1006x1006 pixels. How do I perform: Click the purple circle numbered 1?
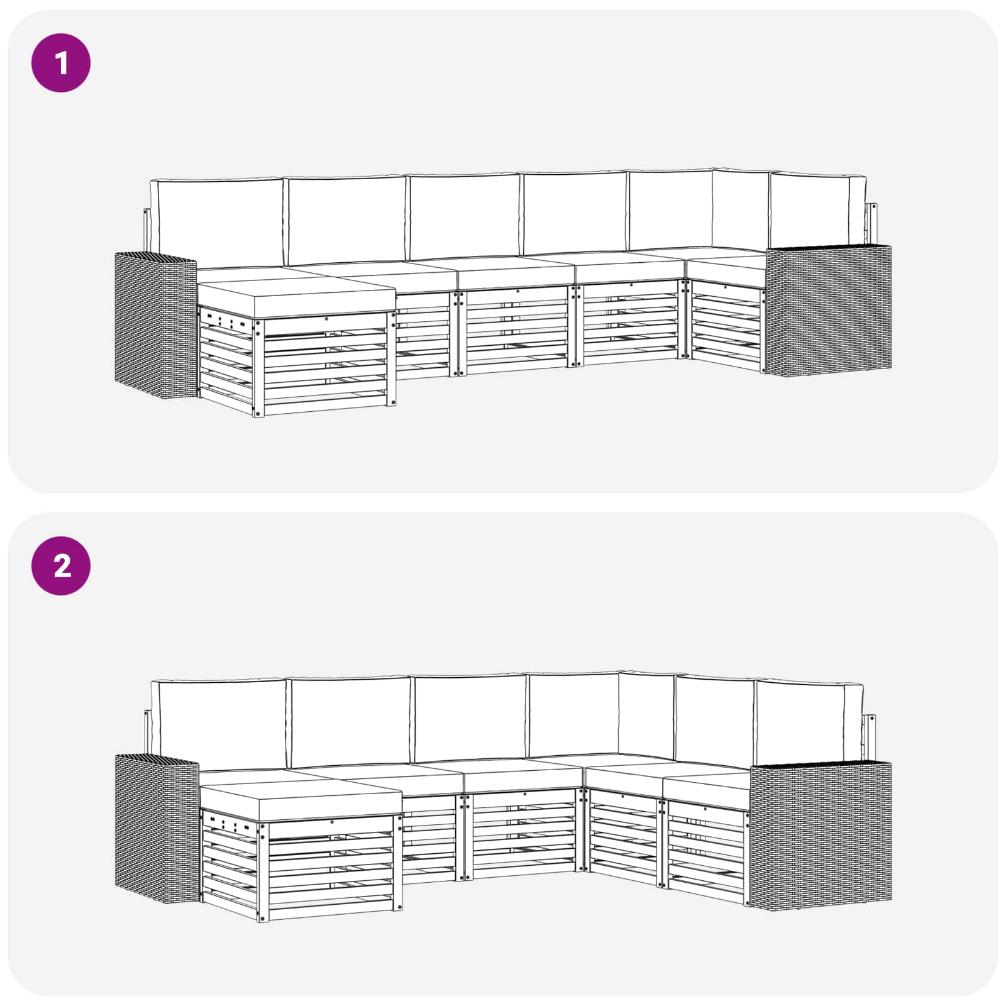[61, 63]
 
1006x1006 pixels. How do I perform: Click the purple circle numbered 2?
[61, 566]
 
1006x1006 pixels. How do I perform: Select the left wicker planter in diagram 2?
[157, 830]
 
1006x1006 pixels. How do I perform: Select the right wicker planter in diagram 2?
[821, 832]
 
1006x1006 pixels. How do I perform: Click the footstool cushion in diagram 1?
[296, 299]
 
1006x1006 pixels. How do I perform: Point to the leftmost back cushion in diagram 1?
[217, 223]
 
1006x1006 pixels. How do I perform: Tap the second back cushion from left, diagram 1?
[346, 220]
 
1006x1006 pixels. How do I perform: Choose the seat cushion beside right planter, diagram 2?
[707, 788]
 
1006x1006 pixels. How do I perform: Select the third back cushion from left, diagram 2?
[470, 719]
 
